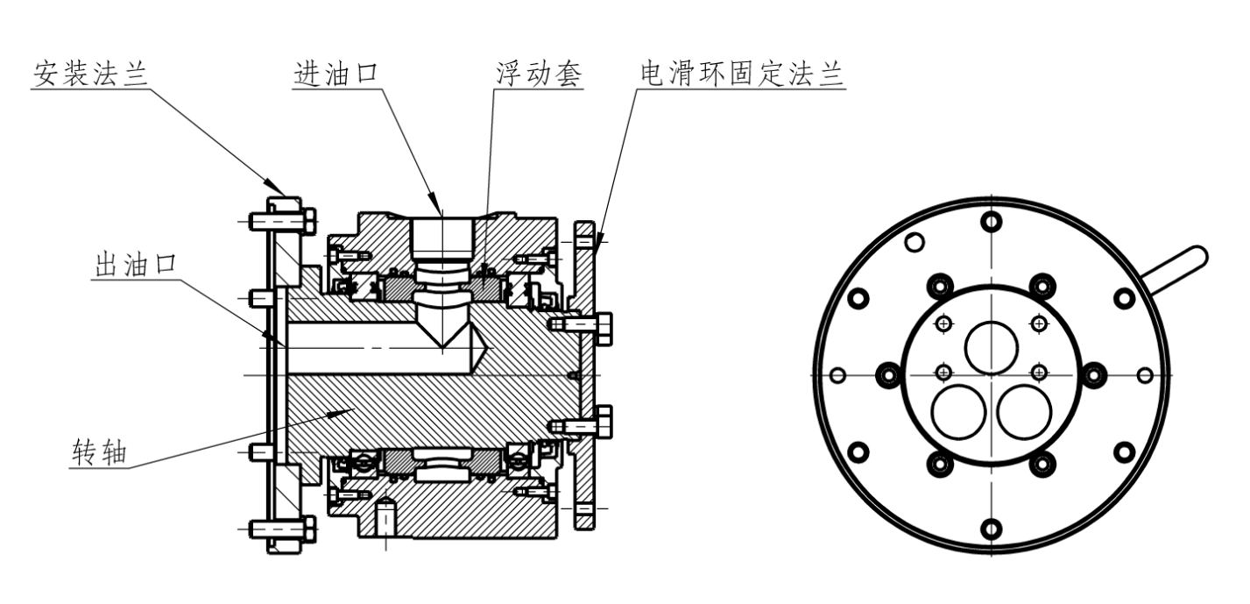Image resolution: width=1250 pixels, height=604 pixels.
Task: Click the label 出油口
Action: [135, 265]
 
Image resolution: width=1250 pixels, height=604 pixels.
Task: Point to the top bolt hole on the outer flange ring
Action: [991, 220]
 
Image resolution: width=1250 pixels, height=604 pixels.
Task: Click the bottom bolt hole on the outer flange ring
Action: [991, 529]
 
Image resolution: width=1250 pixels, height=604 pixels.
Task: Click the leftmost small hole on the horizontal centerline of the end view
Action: [837, 375]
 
